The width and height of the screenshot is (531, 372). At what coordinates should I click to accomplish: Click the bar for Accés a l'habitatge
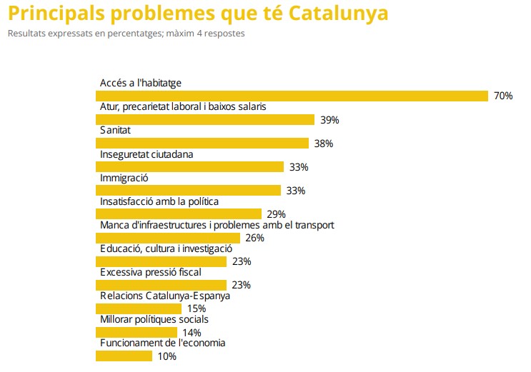[x=292, y=96]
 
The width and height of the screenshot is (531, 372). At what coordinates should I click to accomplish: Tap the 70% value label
[x=503, y=96]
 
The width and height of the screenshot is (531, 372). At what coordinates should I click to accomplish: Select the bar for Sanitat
[x=202, y=143]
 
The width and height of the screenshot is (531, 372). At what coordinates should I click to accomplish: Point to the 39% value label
[x=329, y=120]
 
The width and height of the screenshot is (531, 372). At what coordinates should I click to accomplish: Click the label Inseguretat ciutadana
[x=147, y=154]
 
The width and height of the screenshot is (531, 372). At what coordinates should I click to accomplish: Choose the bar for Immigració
[x=189, y=190]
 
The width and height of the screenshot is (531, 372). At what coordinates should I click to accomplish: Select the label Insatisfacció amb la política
[x=159, y=201]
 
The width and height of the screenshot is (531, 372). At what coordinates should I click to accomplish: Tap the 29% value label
[x=276, y=214]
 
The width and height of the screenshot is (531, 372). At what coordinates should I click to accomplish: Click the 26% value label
[x=254, y=238]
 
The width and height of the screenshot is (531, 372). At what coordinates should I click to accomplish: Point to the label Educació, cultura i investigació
[x=166, y=248]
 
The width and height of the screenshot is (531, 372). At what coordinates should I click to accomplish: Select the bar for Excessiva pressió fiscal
[x=162, y=284]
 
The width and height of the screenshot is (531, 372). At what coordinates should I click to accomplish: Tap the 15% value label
[x=197, y=308]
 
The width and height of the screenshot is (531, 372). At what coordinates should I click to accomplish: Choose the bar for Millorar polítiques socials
[x=137, y=332]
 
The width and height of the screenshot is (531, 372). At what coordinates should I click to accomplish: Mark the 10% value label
[x=167, y=356]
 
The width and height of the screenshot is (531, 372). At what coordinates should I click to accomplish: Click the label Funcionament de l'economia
[x=162, y=343]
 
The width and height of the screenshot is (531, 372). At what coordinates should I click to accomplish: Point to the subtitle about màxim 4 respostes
[x=126, y=34]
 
